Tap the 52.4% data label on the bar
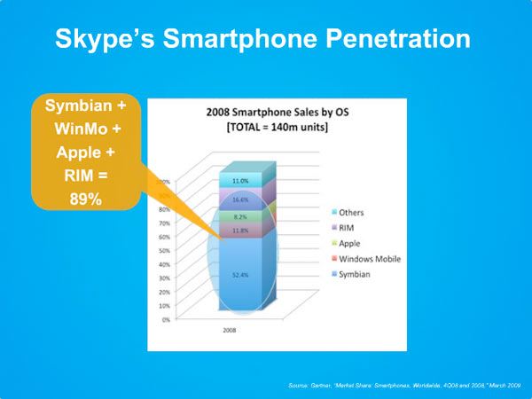pos(241,275)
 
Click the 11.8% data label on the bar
pos(241,231)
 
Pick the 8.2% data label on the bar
pos(241,215)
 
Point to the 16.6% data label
pos(241,200)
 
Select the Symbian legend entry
pos(353,274)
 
